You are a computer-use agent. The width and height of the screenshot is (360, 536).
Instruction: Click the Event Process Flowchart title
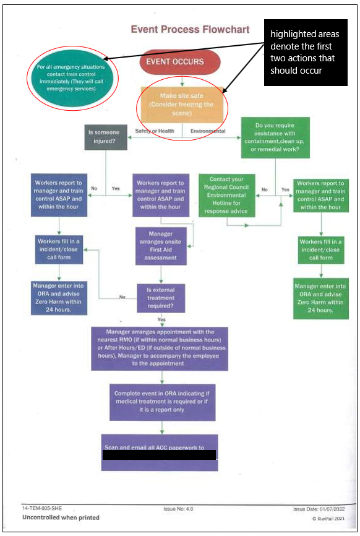(190, 29)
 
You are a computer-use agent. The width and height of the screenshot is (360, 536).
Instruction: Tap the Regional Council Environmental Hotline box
(227, 195)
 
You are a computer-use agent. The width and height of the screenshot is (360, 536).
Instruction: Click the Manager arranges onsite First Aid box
(161, 246)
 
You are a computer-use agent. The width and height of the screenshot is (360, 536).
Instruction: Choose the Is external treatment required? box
(161, 298)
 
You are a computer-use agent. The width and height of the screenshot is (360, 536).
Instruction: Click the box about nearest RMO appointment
(160, 348)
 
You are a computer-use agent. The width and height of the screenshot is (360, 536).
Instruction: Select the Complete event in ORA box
(162, 402)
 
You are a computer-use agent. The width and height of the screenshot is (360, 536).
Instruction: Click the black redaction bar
(159, 455)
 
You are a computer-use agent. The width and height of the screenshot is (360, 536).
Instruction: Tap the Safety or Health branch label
(155, 131)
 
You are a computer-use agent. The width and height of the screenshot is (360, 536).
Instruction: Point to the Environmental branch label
(208, 131)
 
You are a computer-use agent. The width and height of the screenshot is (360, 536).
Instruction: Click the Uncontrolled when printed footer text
(61, 517)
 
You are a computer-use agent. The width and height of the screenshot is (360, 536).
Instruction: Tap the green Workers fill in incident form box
(320, 249)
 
